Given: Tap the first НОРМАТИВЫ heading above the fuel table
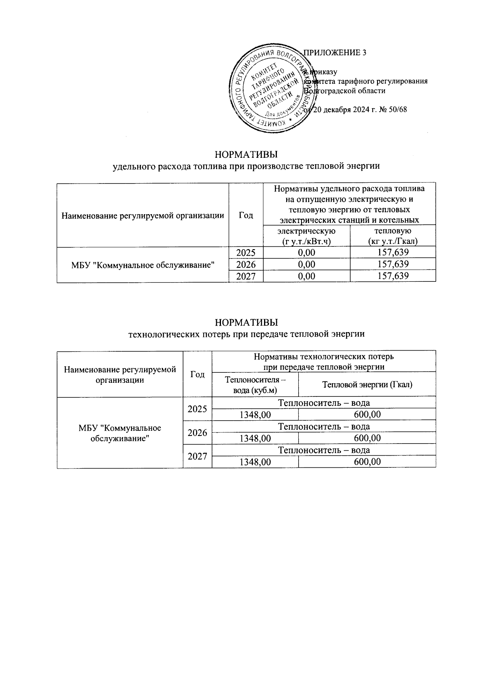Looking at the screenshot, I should (246, 155).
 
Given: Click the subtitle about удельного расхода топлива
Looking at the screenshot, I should (246, 166).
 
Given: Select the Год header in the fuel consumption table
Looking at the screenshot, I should (246, 215).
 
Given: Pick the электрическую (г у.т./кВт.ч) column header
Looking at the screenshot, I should (307, 236).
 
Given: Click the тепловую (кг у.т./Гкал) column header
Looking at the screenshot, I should (393, 236).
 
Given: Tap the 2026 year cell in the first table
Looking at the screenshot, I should (246, 264).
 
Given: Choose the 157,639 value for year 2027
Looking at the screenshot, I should (393, 276).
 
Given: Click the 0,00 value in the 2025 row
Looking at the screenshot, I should (307, 253).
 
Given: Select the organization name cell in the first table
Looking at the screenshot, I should (143, 264).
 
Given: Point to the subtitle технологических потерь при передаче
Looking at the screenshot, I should (246, 334).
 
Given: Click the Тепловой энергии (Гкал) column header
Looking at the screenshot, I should (367, 385).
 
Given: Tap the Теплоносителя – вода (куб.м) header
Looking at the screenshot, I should (255, 385).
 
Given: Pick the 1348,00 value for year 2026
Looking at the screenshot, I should (255, 438).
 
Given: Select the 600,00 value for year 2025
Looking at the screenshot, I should (367, 415).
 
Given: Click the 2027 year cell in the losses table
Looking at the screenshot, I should (198, 456).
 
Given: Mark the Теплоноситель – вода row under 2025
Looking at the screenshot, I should (324, 403).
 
